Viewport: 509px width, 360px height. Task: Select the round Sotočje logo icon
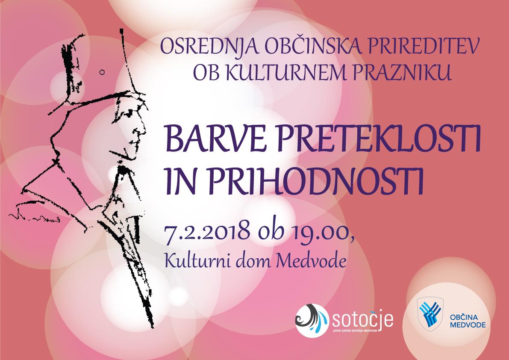click(312, 320)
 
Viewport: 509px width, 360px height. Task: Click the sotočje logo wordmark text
click(362, 320)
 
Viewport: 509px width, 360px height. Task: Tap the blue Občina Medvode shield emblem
click(430, 313)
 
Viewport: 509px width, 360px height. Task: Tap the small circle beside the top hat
click(102, 72)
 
